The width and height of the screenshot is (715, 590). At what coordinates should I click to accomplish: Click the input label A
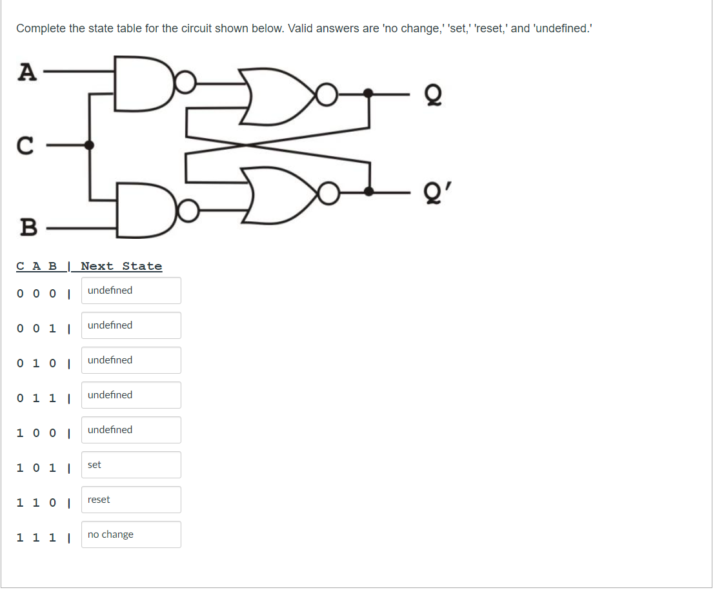[26, 71]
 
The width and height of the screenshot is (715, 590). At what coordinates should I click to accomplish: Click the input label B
[28, 227]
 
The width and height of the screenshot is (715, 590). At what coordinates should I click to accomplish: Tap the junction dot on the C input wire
[90, 145]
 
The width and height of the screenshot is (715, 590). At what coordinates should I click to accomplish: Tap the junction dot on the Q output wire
[368, 94]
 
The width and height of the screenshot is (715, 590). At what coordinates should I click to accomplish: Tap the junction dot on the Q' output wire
[368, 192]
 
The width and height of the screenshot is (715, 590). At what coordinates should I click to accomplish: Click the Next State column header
[121, 266]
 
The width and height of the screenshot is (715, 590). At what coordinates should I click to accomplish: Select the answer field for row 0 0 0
[131, 290]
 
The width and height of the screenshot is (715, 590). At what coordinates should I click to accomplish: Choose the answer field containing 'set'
[131, 465]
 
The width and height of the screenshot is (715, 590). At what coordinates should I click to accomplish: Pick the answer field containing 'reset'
[131, 500]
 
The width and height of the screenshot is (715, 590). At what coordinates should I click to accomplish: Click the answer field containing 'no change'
[131, 534]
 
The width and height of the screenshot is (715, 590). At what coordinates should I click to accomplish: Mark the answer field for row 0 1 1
[131, 395]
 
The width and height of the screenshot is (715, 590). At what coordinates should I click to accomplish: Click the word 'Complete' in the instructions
[40, 28]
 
